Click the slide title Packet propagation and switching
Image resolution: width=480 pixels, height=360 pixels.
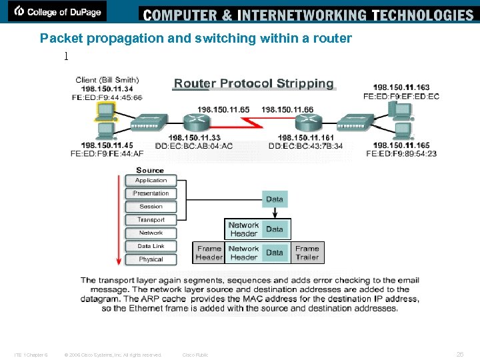pos(195,39)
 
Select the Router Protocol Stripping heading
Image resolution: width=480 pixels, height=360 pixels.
pos(253,83)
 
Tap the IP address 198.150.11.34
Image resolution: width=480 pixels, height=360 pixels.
pos(107,89)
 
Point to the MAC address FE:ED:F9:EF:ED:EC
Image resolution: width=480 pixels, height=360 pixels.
pos(401,97)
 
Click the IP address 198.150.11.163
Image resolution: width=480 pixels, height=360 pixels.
pos(401,87)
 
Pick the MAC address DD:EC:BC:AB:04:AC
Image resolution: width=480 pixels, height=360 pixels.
pos(194,146)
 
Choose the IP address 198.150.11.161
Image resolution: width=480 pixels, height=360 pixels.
pos(306,137)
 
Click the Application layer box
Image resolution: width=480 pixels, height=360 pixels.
pos(151,180)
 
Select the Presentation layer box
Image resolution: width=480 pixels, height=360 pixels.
pos(151,193)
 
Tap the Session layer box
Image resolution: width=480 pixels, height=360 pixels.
pos(151,207)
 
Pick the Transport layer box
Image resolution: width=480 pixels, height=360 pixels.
pos(151,220)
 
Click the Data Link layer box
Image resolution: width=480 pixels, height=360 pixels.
pos(151,246)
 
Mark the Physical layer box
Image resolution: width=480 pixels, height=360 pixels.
pos(151,259)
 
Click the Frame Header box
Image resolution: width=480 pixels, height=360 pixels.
pos(209,253)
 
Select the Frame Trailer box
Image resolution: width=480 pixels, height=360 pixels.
pos(307,253)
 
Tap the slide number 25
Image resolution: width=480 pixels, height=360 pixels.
pos(459,354)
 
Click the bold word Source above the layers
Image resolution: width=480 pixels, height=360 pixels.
pos(150,170)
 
